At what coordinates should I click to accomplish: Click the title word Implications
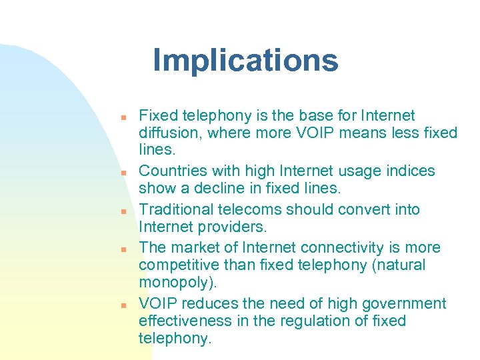click(245, 61)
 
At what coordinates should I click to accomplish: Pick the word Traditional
click(177, 209)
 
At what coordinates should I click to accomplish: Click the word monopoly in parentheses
click(175, 283)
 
